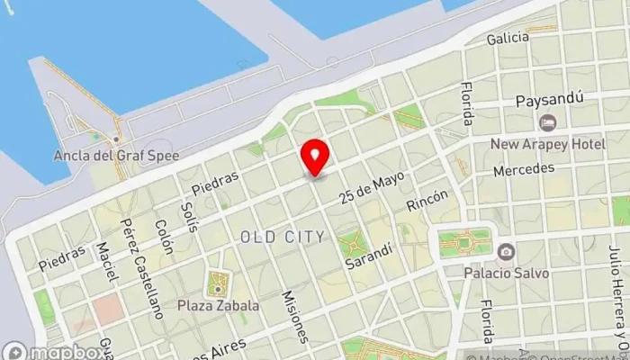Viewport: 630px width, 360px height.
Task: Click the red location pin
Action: pyautogui.click(x=314, y=157)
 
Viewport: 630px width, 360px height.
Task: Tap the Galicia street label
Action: pyautogui.click(x=508, y=39)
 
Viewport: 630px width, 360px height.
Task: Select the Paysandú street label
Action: pyautogui.click(x=550, y=100)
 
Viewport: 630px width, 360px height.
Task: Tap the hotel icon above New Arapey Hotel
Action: pyautogui.click(x=546, y=122)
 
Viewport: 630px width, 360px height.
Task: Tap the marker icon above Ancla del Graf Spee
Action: pyautogui.click(x=116, y=139)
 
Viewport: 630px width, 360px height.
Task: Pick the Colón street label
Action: pyautogui.click(x=163, y=237)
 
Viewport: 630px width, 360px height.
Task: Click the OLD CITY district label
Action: pyautogui.click(x=283, y=237)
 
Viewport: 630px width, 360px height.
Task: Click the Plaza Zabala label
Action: pyautogui.click(x=218, y=305)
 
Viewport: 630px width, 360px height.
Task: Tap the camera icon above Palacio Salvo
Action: pyautogui.click(x=506, y=252)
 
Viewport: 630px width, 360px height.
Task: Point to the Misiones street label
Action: pyautogui.click(x=294, y=317)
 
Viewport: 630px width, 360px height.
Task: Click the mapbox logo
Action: pyautogui.click(x=51, y=351)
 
